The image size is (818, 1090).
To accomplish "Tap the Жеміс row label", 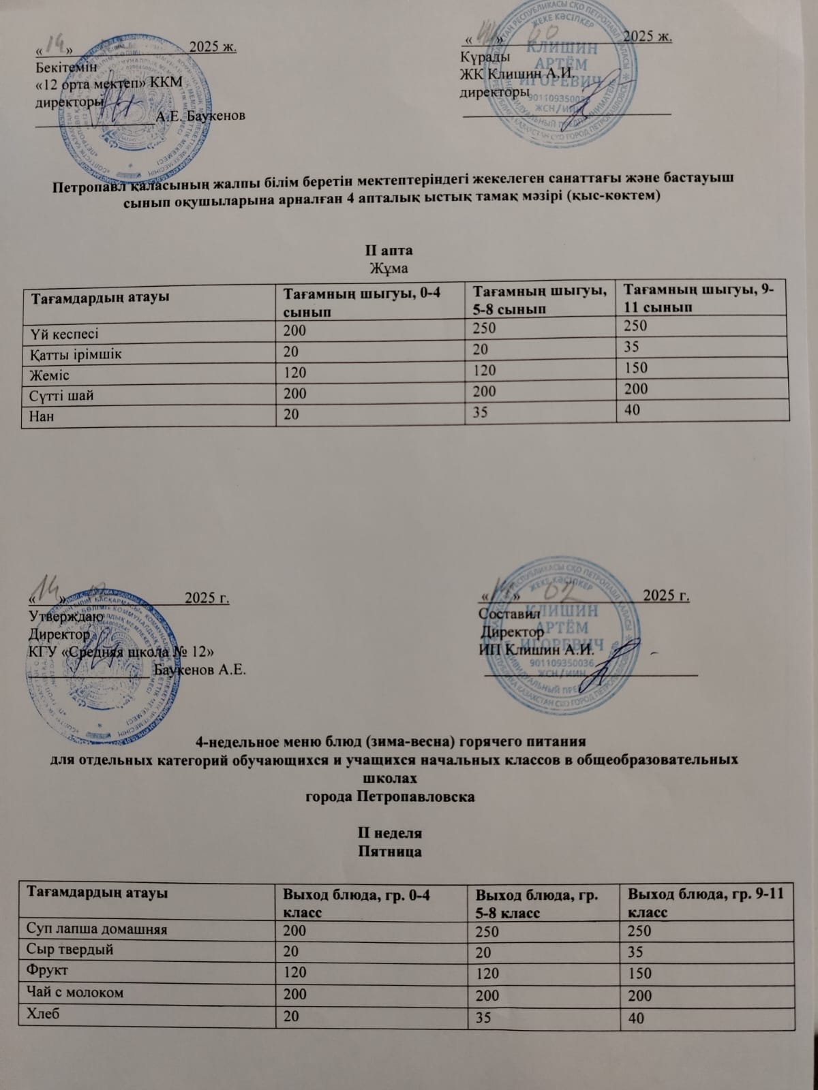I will click(50, 373).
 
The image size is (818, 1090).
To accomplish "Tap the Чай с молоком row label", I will click(75, 993).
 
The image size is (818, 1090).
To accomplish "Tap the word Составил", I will click(509, 613).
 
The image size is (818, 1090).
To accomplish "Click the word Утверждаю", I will click(66, 616).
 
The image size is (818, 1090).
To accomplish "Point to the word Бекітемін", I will click(66, 67).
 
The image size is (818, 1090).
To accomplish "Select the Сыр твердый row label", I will click(70, 949).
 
